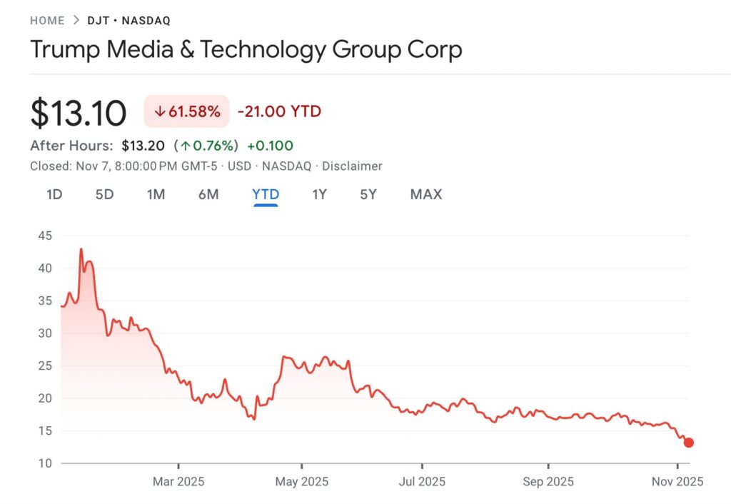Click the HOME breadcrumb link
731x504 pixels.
click(47, 21)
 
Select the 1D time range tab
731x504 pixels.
click(54, 194)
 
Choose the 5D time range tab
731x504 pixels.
click(104, 194)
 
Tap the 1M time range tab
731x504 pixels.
click(156, 194)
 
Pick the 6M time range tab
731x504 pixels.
click(208, 194)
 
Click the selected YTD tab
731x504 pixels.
click(266, 194)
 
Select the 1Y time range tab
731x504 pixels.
click(319, 194)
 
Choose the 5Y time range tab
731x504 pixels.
click(368, 194)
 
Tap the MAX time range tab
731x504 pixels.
click(426, 194)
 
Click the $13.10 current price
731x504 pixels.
click(79, 113)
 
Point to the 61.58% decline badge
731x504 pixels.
click(186, 111)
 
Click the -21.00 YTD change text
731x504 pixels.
click(279, 111)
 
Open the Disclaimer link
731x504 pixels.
click(352, 166)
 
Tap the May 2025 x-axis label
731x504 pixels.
click(301, 482)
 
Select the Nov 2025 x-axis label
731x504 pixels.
click(676, 482)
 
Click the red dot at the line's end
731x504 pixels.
click(688, 443)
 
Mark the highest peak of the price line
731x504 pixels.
click(81, 249)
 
